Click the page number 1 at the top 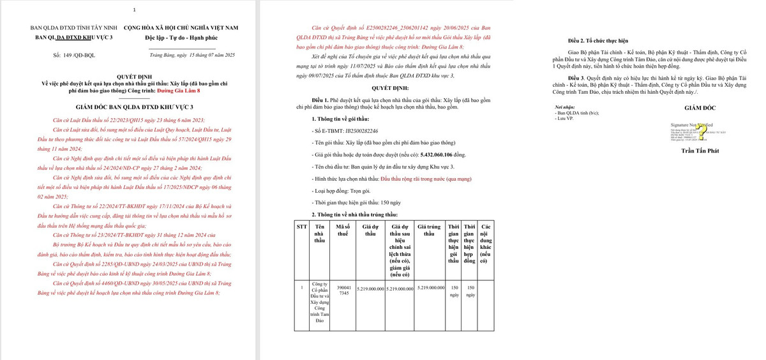(134, 10)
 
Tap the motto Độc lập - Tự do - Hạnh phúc (177, 38)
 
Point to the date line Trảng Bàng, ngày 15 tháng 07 (192, 56)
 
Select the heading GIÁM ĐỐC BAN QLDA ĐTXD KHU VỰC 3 (133, 107)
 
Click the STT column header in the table (301, 227)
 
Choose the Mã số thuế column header (343, 230)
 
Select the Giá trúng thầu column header (431, 230)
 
